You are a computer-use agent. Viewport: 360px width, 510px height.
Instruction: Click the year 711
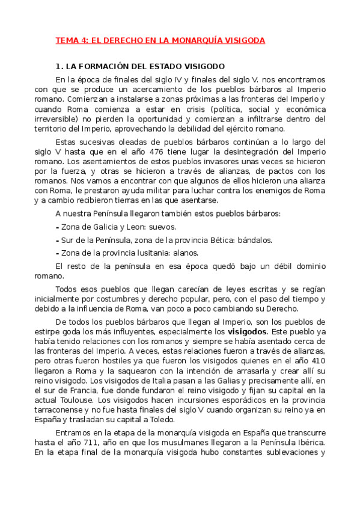point(95,444)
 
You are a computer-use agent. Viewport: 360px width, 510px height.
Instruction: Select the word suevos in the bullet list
point(163,227)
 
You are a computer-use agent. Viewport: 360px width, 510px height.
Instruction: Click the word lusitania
point(140,253)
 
